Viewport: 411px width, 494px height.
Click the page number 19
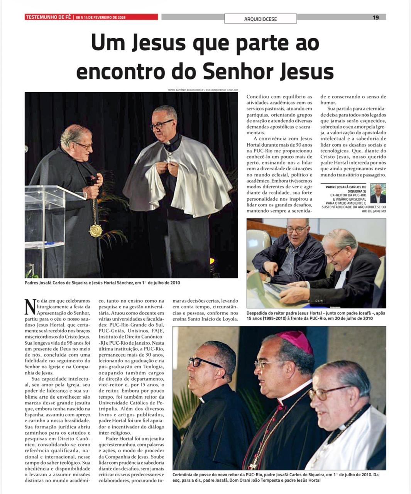(375, 17)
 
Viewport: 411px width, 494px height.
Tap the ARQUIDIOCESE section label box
(260, 19)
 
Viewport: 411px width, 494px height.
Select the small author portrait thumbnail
(378, 194)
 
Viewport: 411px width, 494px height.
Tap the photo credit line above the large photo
(202, 90)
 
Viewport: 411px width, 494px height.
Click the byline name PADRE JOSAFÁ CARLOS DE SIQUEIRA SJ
(347, 189)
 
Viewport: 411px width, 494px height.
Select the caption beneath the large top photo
(102, 283)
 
